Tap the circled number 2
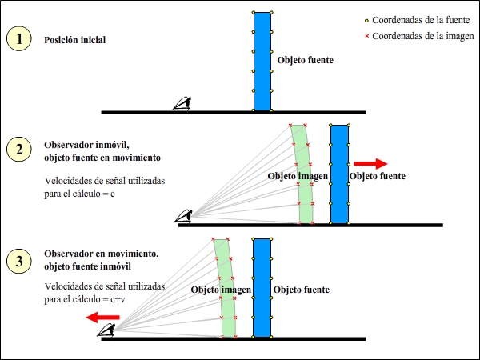click(x=19, y=150)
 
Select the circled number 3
click(x=19, y=260)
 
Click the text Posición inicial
click(x=74, y=40)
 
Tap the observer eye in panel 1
click(x=185, y=104)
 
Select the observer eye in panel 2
click(x=186, y=216)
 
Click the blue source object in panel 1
click(x=263, y=61)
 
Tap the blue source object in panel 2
click(x=339, y=174)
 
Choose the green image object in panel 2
click(x=303, y=174)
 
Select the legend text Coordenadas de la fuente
click(x=422, y=20)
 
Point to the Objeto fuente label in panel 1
click(x=304, y=60)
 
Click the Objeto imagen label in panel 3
click(x=221, y=289)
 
